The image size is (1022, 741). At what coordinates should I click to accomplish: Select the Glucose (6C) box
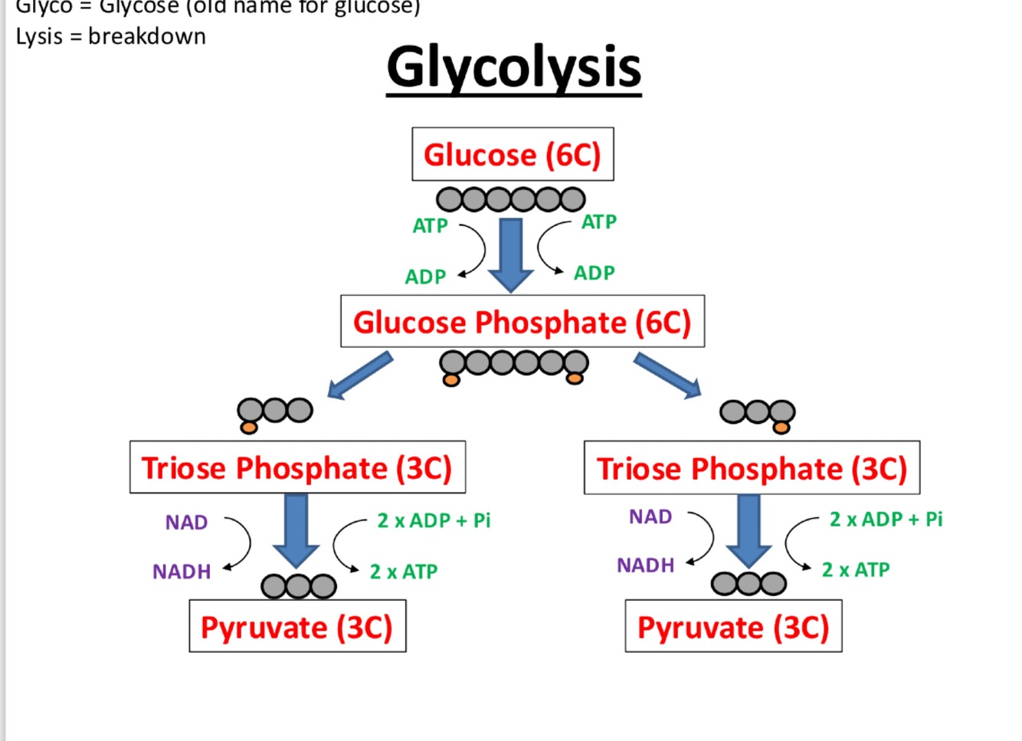point(513,154)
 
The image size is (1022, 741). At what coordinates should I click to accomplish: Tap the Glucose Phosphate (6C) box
point(522,322)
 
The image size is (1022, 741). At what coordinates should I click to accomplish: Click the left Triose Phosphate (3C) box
point(297,467)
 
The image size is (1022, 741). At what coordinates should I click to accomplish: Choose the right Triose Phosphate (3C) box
point(752,468)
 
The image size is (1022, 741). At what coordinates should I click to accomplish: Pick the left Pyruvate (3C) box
point(297,627)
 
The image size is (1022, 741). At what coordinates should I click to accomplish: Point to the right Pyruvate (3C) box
point(733,627)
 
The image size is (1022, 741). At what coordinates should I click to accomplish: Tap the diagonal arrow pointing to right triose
point(667,375)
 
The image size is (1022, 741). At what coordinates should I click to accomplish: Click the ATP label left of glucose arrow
point(430,226)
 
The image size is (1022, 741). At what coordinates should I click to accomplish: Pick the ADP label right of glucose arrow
point(595,273)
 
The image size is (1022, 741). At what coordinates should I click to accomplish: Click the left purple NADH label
point(182,572)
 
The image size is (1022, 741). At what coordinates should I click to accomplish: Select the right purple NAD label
point(650,517)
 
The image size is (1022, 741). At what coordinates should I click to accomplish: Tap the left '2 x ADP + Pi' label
point(434,521)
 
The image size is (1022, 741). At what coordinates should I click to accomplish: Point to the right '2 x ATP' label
point(856,570)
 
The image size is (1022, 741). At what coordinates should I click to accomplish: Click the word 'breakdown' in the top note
point(147,36)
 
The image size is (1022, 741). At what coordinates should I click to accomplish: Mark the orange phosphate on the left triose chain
point(249,427)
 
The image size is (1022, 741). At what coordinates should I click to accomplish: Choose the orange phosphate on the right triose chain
point(781,428)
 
